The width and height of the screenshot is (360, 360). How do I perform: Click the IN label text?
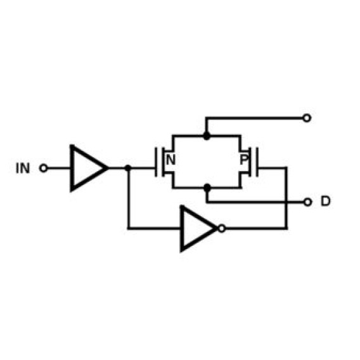pyautogui.click(x=23, y=168)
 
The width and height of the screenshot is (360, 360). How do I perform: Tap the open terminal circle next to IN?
pyautogui.click(x=43, y=168)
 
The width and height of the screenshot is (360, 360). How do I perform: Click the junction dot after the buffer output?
pyautogui.click(x=128, y=168)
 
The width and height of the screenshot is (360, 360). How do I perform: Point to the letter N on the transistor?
pyautogui.click(x=170, y=160)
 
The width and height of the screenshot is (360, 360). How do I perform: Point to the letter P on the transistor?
pyautogui.click(x=244, y=160)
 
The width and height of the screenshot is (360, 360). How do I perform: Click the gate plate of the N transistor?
pyautogui.click(x=156, y=162)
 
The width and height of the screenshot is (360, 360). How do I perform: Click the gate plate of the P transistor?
pyautogui.click(x=257, y=162)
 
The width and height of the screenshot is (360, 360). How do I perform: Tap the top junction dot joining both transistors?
pyautogui.click(x=207, y=136)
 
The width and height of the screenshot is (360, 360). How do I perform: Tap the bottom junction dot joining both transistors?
pyautogui.click(x=207, y=188)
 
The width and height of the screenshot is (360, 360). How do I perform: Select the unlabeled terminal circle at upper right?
pyautogui.click(x=307, y=118)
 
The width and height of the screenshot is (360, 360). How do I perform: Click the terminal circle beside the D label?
pyautogui.click(x=307, y=202)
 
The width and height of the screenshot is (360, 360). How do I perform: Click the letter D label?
pyautogui.click(x=326, y=202)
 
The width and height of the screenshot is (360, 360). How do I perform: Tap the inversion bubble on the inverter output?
pyautogui.click(x=222, y=228)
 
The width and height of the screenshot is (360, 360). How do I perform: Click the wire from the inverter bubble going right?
pyautogui.click(x=256, y=228)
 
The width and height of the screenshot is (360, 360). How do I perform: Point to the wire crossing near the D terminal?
pyautogui.click(x=286, y=202)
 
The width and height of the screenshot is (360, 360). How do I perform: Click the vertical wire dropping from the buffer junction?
pyautogui.click(x=129, y=198)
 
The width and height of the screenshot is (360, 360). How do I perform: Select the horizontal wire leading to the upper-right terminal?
pyautogui.click(x=254, y=118)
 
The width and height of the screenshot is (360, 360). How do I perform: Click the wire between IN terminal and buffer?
pyautogui.click(x=59, y=168)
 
